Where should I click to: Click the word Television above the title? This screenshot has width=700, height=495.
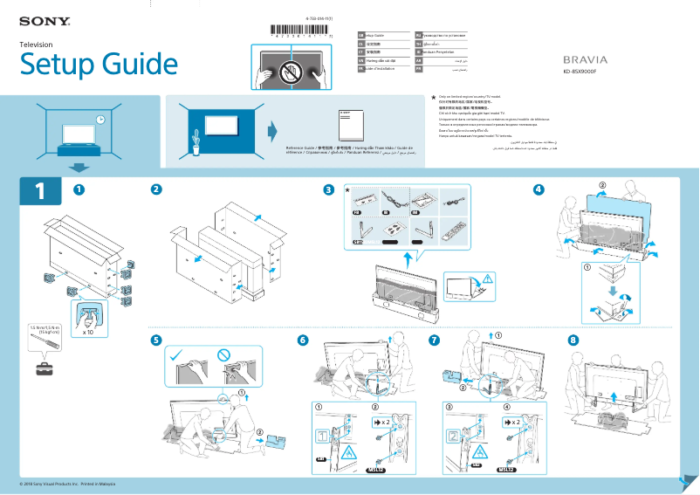click(x=36, y=45)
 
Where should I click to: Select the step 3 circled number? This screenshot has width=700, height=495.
click(x=328, y=190)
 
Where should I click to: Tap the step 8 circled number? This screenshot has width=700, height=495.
click(x=573, y=340)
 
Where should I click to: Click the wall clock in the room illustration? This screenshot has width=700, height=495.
click(x=100, y=120)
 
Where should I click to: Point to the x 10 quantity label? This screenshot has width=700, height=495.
click(x=87, y=333)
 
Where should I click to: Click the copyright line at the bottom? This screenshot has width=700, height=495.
click(x=67, y=484)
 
